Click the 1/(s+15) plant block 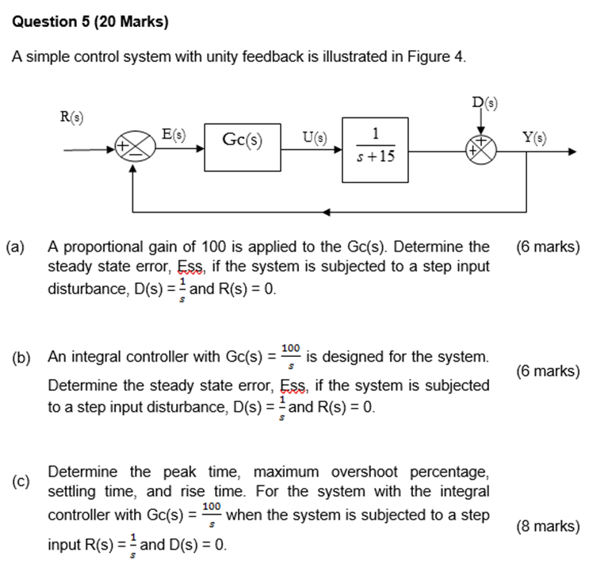(x=375, y=144)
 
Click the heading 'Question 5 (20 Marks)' (x=90, y=22)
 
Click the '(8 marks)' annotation (x=547, y=525)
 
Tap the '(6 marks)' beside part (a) (x=547, y=247)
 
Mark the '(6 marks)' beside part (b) (x=547, y=370)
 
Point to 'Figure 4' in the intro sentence (x=438, y=58)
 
